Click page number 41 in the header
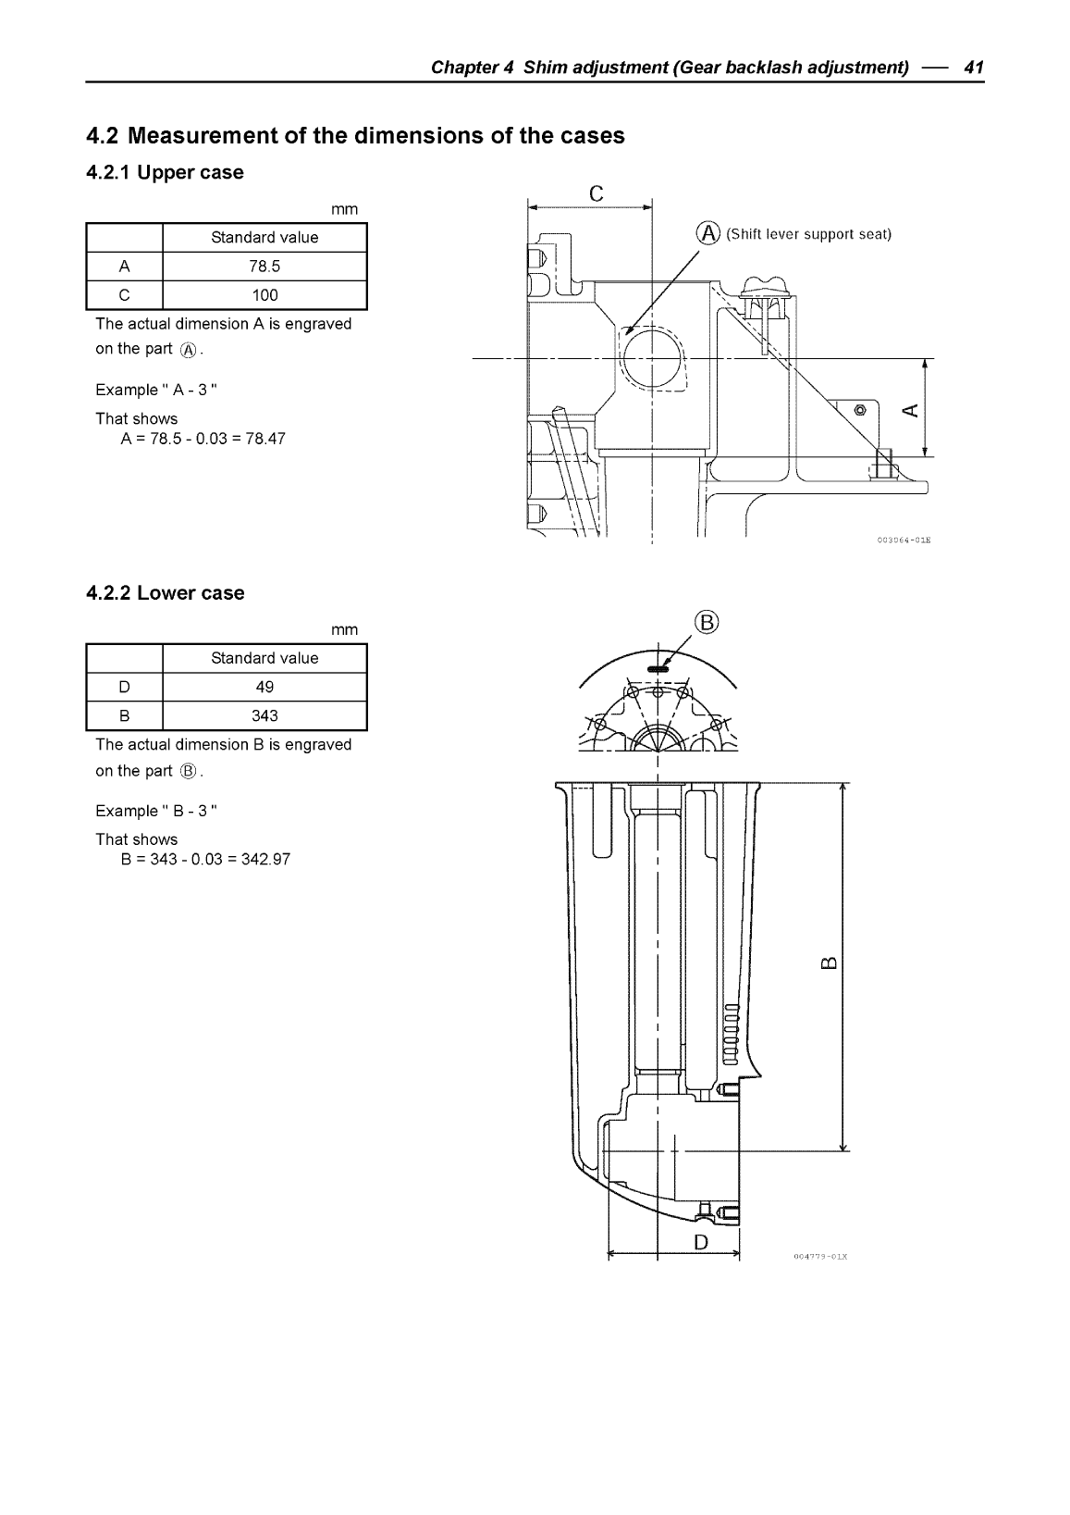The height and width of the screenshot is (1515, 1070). coord(973,68)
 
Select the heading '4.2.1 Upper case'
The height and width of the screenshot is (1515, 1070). coord(165,173)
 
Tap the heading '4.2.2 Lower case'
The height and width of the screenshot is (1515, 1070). coord(165,593)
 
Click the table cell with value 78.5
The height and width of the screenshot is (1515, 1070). coord(264,267)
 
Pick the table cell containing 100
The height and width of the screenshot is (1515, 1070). coord(264,295)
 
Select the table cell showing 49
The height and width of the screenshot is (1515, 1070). coord(264,687)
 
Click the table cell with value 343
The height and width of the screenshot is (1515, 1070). coord(264,715)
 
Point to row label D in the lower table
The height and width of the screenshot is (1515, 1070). coord(124,687)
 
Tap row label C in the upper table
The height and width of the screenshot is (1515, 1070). coord(124,295)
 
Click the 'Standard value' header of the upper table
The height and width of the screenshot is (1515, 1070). coord(264,238)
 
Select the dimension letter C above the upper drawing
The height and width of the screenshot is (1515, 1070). coord(596,193)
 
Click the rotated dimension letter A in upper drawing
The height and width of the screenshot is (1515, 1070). coord(910,410)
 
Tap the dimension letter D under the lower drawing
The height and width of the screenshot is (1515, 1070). coord(700,1242)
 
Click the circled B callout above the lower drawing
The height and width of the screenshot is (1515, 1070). coord(706,622)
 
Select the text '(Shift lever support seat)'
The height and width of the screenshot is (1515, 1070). coord(808,234)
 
